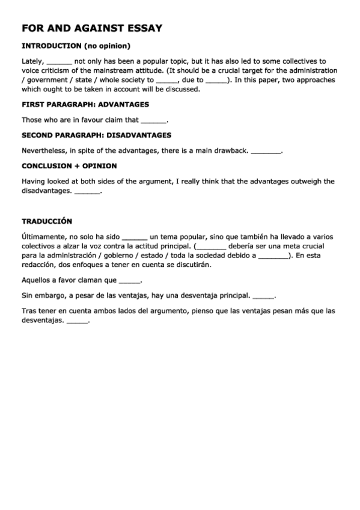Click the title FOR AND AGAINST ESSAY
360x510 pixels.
tap(92, 28)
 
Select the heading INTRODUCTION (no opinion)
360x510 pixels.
tap(76, 46)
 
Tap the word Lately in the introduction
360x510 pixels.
tap(32, 61)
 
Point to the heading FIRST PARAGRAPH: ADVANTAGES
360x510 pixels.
tap(85, 104)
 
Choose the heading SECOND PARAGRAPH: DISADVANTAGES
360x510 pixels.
tap(96, 135)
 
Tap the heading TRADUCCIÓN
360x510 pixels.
tap(47, 221)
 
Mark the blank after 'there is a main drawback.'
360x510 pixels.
tap(266, 152)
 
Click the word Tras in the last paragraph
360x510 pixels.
tap(28, 311)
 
